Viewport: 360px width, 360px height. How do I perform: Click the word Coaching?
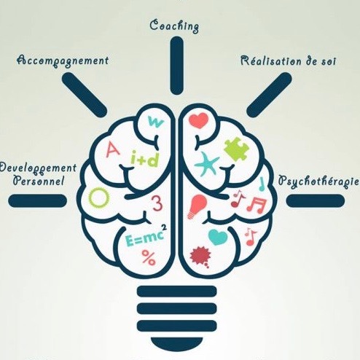tap(174, 26)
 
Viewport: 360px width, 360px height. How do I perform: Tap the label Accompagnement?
tap(63, 60)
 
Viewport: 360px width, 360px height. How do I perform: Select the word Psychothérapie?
tap(318, 181)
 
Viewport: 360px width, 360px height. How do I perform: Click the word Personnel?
tap(39, 181)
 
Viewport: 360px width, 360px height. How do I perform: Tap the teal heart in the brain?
tap(218, 237)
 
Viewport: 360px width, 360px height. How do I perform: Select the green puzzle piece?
tap(236, 149)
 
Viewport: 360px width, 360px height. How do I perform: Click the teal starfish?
tap(207, 164)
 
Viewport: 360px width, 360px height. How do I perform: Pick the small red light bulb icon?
tap(198, 206)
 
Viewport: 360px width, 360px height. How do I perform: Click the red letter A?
tap(112, 149)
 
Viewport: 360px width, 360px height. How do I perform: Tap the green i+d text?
tap(144, 159)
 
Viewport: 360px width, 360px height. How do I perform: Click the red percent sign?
tap(149, 257)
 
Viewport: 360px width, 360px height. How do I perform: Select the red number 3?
tap(157, 203)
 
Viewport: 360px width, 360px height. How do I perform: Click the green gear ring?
tap(98, 197)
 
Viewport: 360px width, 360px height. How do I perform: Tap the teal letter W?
tap(155, 122)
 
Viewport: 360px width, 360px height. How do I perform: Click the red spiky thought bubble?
tap(200, 257)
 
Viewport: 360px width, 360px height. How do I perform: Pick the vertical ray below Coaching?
tap(176, 66)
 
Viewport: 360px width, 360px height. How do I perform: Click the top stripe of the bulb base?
tap(177, 291)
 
